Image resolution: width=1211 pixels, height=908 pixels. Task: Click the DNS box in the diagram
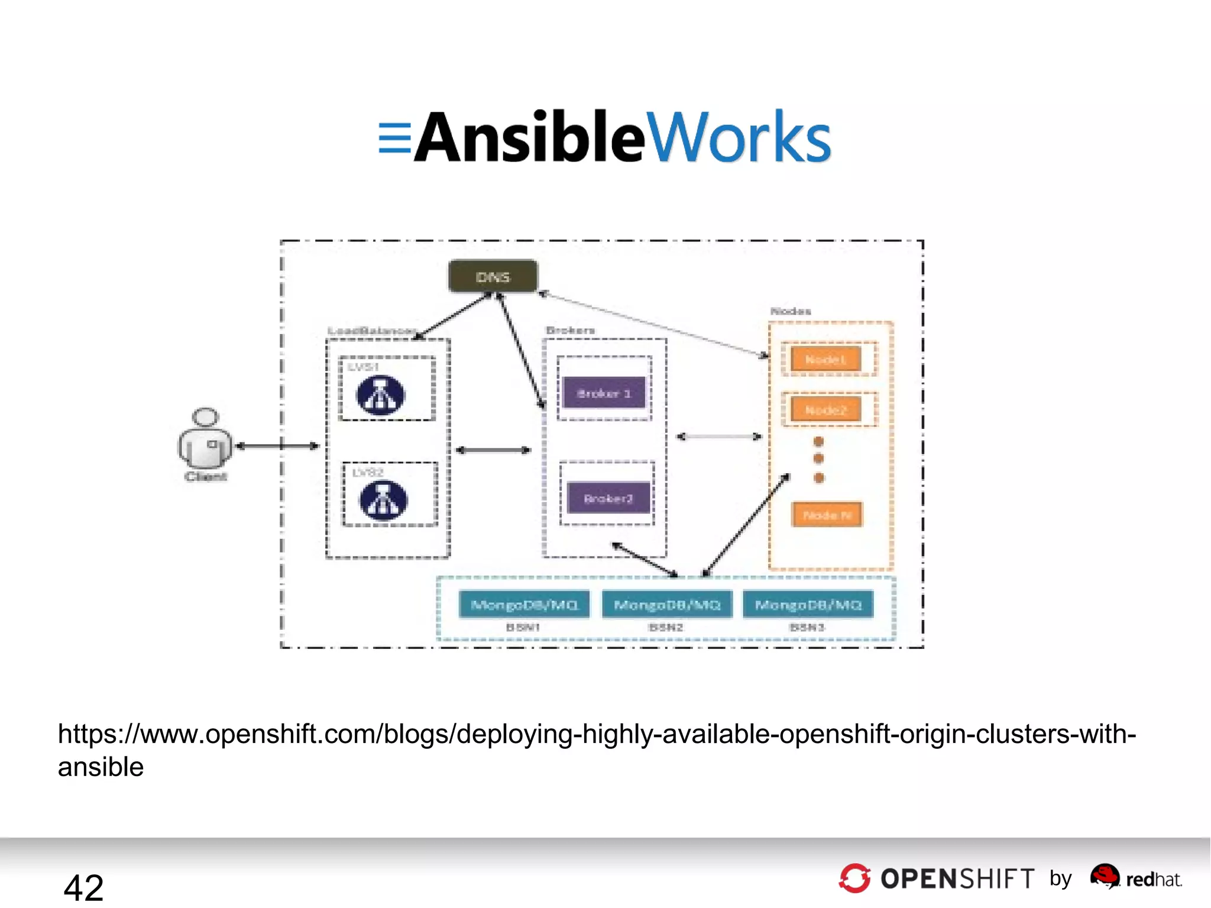click(493, 276)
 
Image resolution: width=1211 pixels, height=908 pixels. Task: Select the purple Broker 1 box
click(604, 393)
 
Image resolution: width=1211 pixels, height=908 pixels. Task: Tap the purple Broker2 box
click(608, 498)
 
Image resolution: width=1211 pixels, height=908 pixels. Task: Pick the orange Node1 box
click(825, 359)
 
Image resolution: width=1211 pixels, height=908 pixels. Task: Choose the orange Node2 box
click(825, 409)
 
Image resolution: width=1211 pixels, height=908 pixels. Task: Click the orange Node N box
click(827, 515)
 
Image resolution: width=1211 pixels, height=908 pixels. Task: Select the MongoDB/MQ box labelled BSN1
click(524, 605)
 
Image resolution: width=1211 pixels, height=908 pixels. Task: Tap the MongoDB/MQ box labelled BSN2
click(667, 605)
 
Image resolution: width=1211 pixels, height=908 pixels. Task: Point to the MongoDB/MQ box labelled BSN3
click(808, 605)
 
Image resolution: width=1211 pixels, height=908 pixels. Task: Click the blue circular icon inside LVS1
click(381, 395)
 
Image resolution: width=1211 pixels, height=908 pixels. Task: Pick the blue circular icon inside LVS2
click(383, 500)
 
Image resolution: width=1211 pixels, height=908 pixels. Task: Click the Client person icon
click(205, 439)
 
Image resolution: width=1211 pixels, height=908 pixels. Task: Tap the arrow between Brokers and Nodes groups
click(718, 437)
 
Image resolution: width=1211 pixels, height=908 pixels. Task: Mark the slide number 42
click(83, 887)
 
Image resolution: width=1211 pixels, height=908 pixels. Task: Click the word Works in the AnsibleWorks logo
click(739, 137)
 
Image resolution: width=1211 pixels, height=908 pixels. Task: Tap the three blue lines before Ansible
click(394, 138)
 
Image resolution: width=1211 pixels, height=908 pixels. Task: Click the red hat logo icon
click(1105, 876)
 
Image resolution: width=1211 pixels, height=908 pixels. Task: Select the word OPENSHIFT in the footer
click(957, 879)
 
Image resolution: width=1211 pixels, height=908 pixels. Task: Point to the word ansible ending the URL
click(101, 767)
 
